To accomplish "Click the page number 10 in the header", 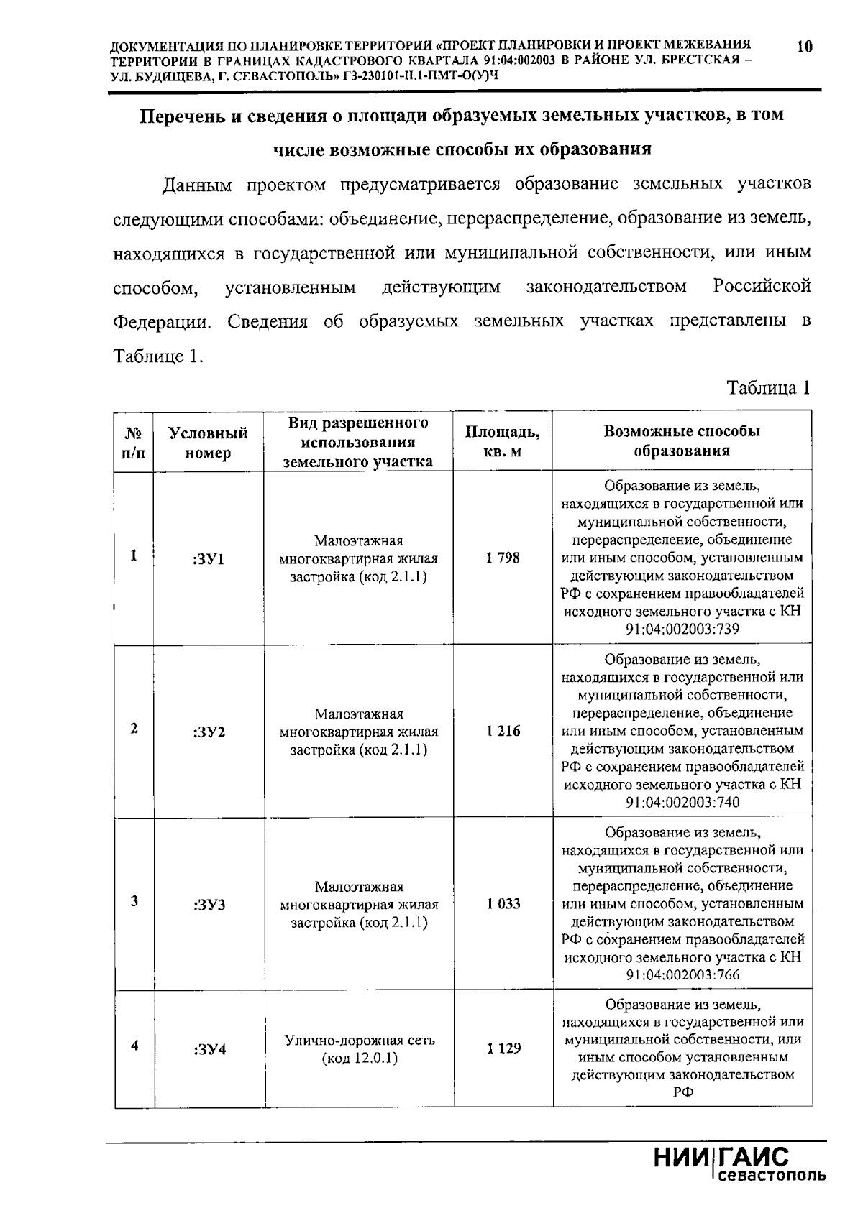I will click(804, 47).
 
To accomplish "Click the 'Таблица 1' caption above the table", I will click(768, 389).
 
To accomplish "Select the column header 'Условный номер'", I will click(208, 443).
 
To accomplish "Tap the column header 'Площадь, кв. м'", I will click(502, 441).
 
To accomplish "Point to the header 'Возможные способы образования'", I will click(682, 441).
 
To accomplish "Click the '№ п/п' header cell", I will click(134, 443).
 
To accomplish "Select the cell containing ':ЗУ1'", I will click(209, 558).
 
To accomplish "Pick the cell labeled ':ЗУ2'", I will click(209, 732).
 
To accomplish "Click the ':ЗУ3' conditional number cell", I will click(209, 904).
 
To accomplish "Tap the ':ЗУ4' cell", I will click(209, 1049).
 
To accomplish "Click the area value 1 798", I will click(502, 558).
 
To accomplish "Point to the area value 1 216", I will click(502, 731).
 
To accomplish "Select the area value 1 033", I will click(502, 903).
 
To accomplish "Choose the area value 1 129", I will click(502, 1048).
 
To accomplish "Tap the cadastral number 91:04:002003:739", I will click(682, 630).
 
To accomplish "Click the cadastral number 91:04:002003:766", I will click(682, 975).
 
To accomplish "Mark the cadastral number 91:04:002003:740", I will click(682, 803).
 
